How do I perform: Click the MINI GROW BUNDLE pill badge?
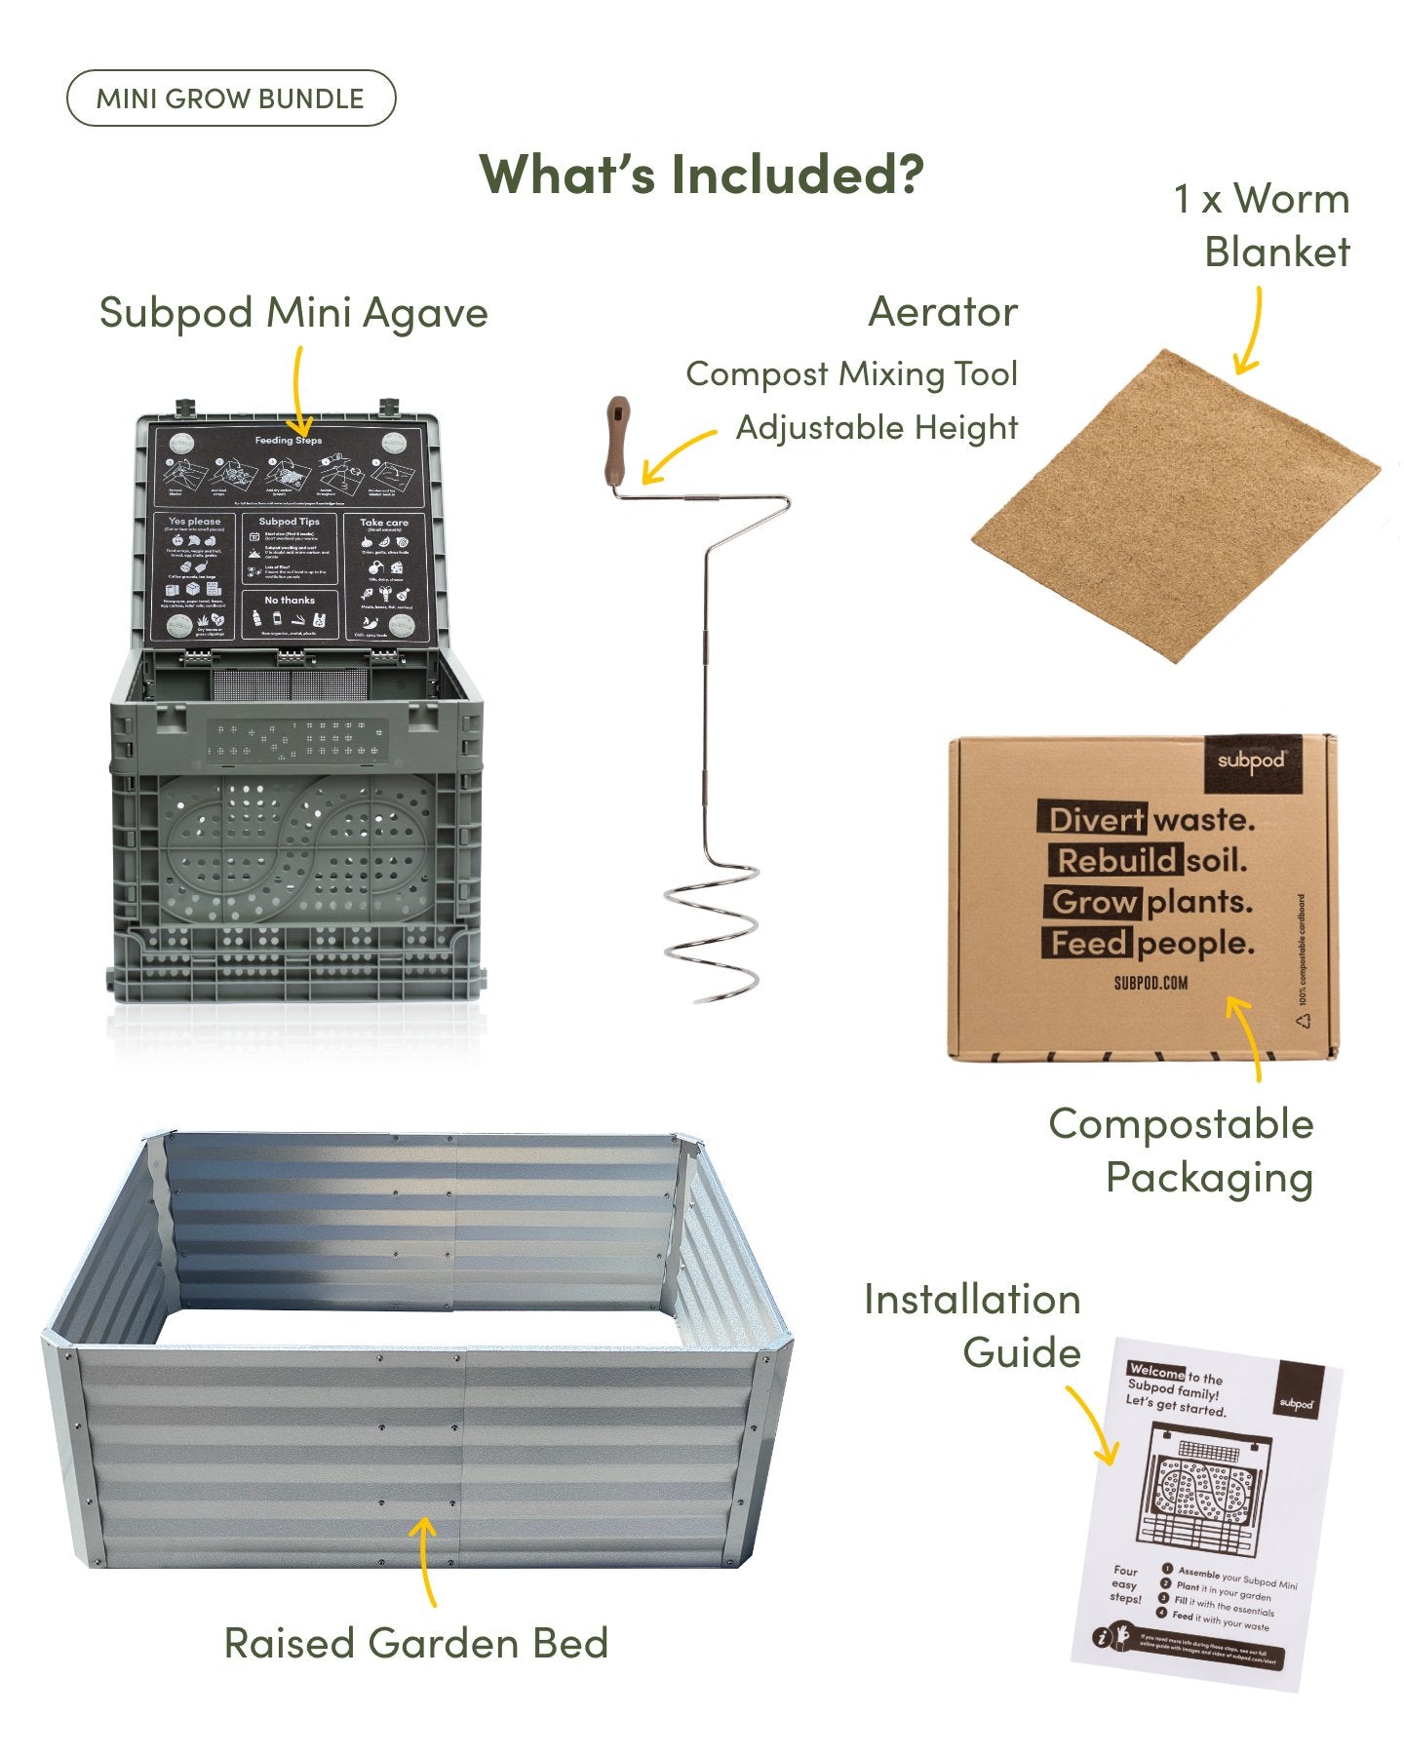tap(230, 98)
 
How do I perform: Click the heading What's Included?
tap(701, 175)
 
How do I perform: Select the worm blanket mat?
tap(1175, 507)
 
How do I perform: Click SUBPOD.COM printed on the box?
tap(1150, 983)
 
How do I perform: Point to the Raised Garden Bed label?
tap(416, 1643)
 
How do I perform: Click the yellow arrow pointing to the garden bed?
tap(424, 1560)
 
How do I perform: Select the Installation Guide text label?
tap(972, 1326)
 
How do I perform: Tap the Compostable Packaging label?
tap(1181, 1150)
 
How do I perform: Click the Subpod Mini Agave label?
tap(293, 313)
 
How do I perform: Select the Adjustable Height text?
tap(877, 427)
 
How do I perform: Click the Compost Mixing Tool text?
tap(851, 373)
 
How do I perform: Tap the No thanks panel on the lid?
tap(290, 615)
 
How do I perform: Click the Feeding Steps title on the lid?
tap(289, 441)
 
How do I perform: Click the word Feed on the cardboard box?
tap(1088, 944)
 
